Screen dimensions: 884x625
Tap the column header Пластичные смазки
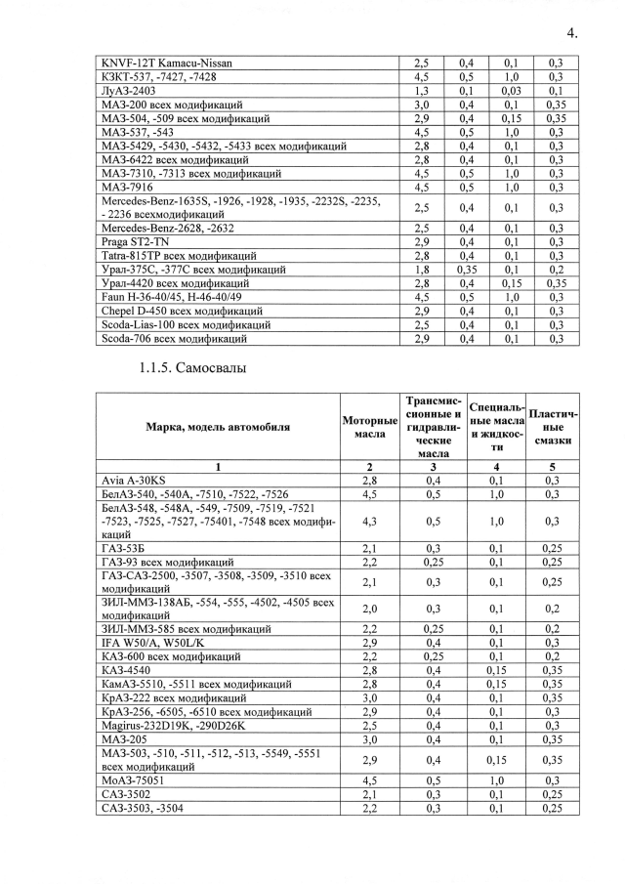[553, 426]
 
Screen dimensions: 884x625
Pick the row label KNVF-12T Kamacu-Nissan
[167, 63]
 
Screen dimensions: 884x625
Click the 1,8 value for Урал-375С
[422, 269]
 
